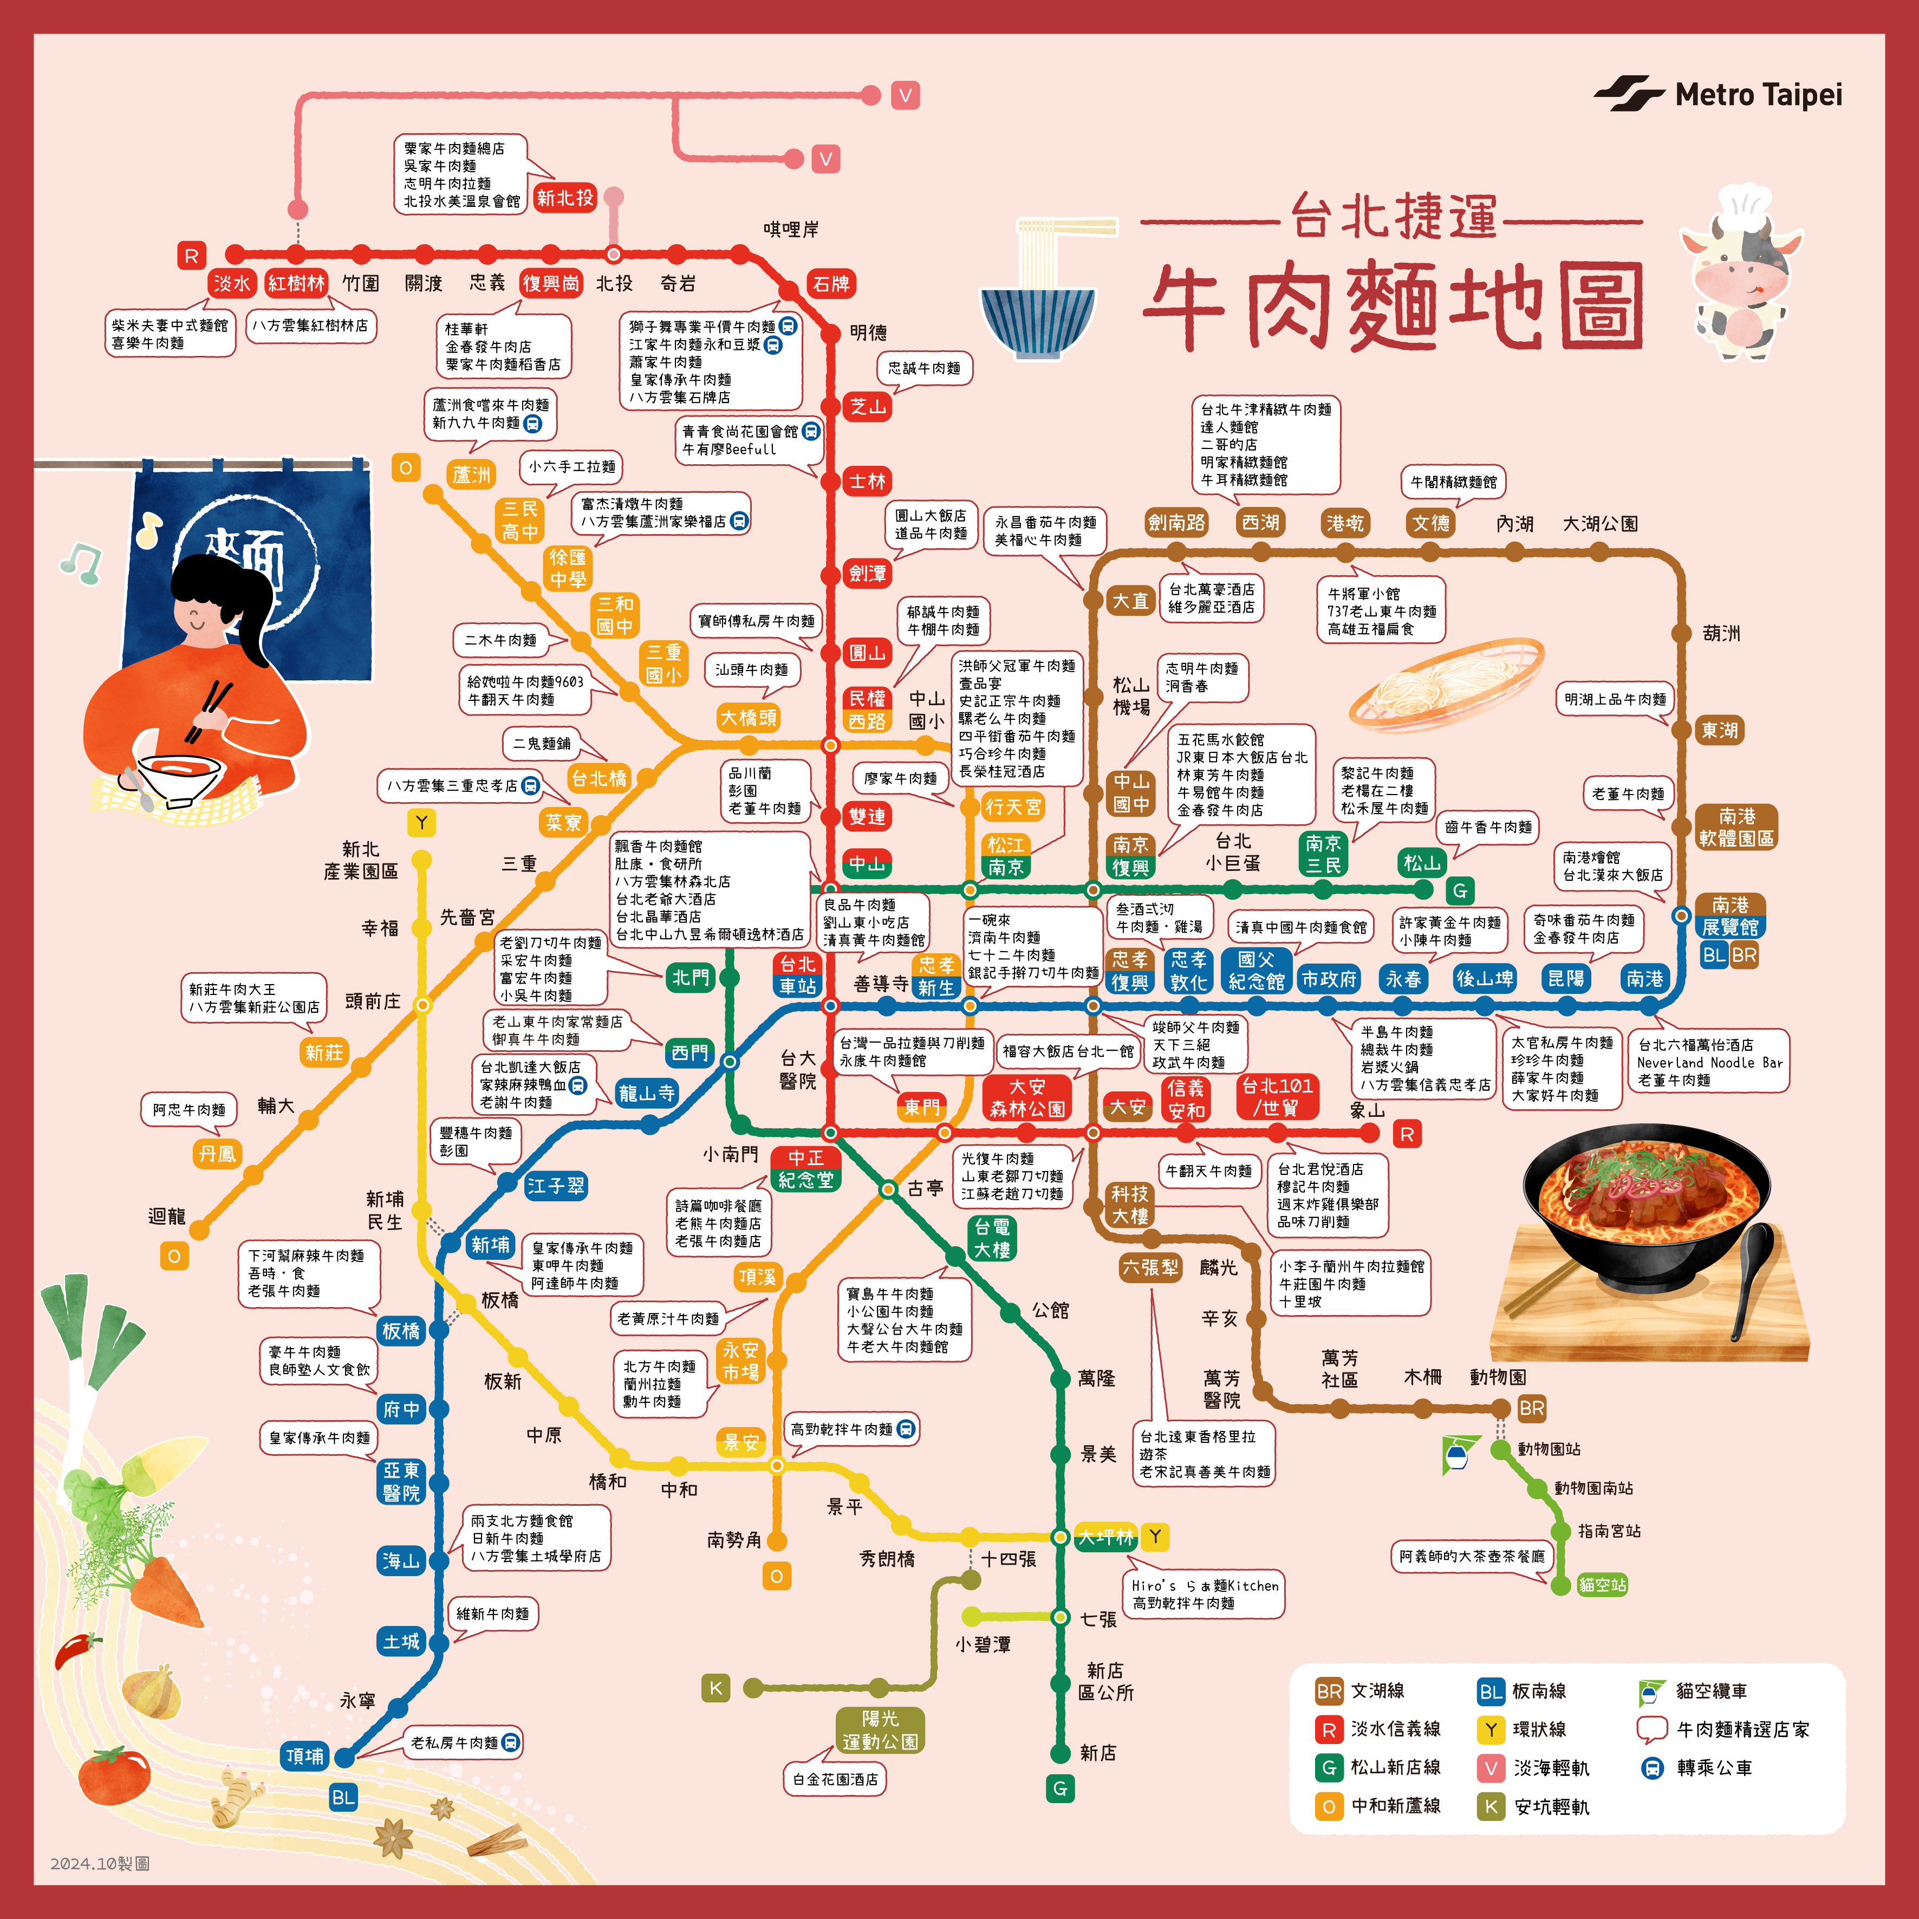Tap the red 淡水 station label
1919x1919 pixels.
tap(232, 283)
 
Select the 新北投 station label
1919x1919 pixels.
tap(564, 198)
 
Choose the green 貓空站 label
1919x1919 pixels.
tap(1602, 1584)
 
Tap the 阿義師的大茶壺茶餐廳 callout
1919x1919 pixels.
tap(1471, 1556)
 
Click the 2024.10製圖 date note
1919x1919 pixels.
tap(99, 1863)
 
